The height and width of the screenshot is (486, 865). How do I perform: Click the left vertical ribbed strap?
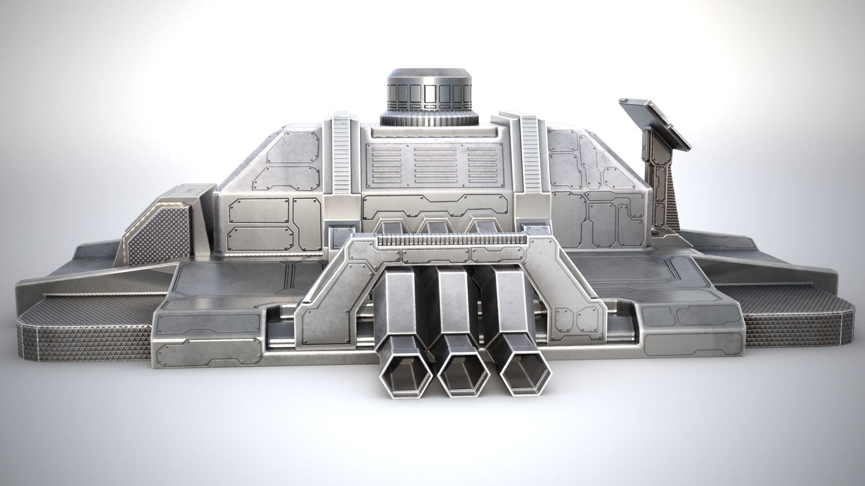point(341,153)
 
